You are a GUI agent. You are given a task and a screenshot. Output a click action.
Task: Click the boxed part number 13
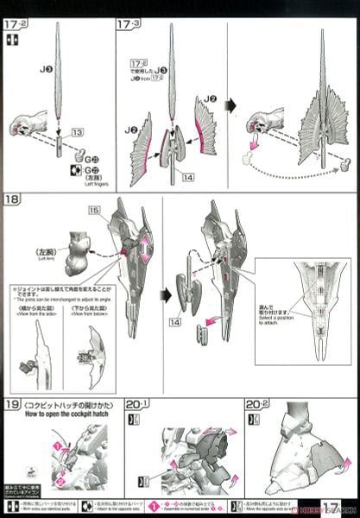coord(76,132)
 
